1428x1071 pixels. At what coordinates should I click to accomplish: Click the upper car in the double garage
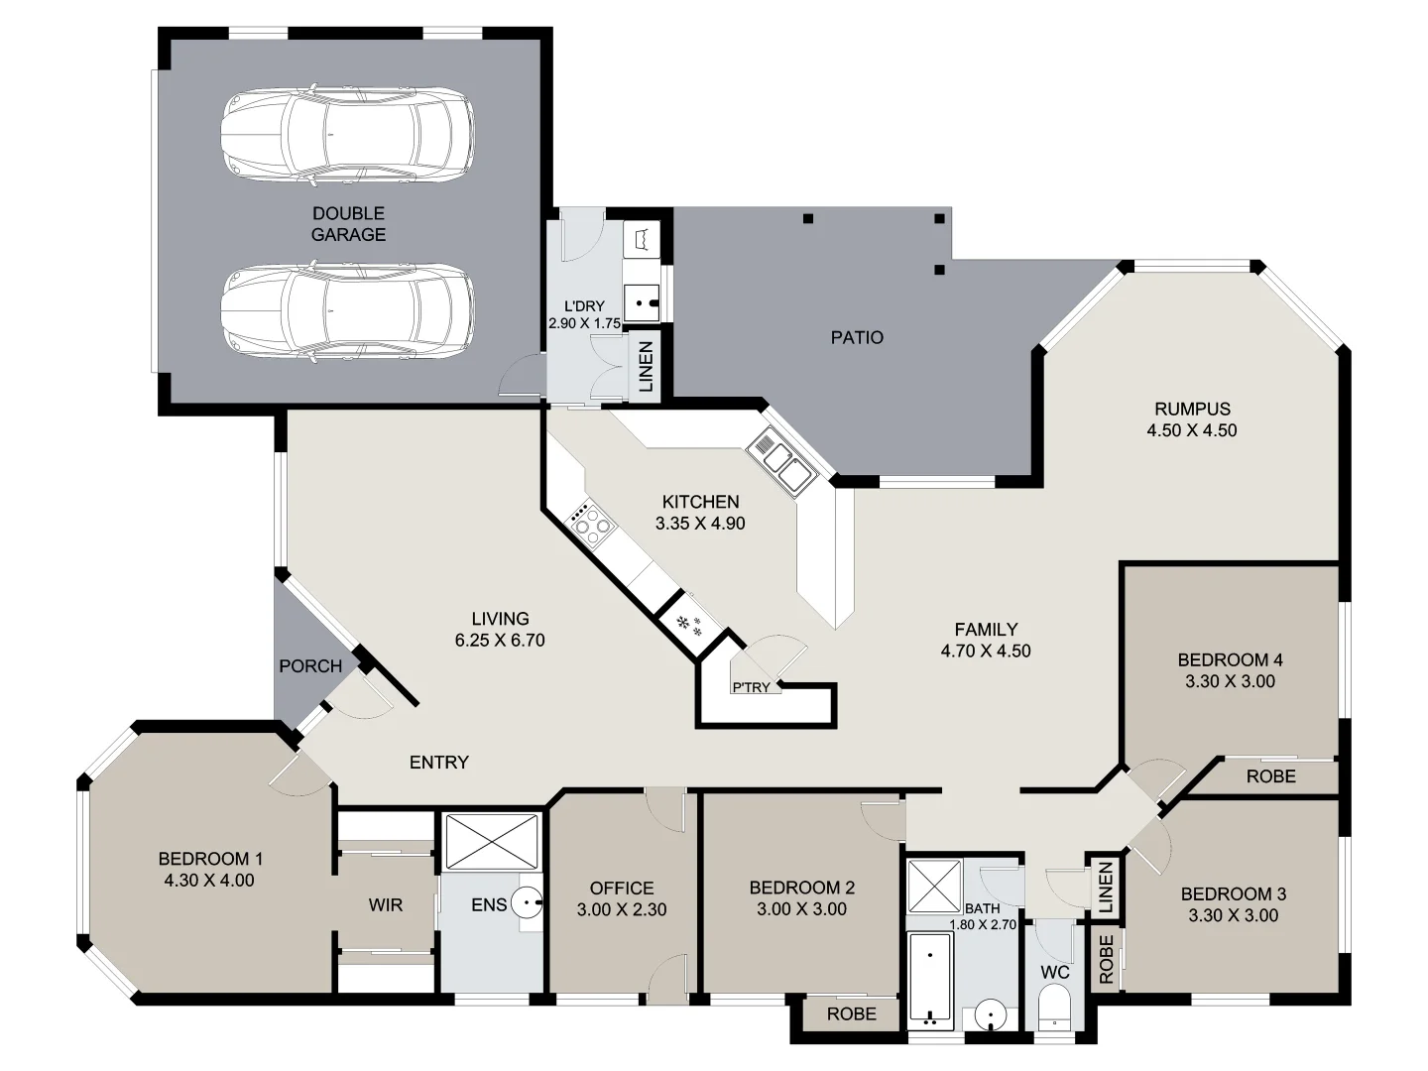[346, 137]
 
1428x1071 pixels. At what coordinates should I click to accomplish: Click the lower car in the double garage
[346, 310]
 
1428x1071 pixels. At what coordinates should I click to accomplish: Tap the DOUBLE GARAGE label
[348, 224]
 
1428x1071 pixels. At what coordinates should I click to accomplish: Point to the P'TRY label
[751, 687]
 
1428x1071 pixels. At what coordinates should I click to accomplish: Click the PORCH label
[310, 666]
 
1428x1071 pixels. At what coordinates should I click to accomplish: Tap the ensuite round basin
[529, 903]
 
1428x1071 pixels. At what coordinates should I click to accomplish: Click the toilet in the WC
[1054, 1007]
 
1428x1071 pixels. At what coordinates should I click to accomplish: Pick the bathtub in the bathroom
[930, 978]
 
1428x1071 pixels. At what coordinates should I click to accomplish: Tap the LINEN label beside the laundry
[646, 367]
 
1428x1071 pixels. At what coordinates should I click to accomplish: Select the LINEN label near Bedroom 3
[1106, 888]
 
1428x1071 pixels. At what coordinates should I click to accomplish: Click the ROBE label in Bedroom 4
[1270, 775]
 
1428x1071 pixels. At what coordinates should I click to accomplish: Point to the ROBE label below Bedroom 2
[852, 1013]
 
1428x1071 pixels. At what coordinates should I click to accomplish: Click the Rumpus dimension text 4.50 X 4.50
[1192, 430]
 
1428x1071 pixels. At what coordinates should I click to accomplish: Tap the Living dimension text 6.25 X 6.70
[500, 641]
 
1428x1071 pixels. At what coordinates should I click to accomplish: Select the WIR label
[386, 904]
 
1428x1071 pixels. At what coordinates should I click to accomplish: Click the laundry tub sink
[646, 297]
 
